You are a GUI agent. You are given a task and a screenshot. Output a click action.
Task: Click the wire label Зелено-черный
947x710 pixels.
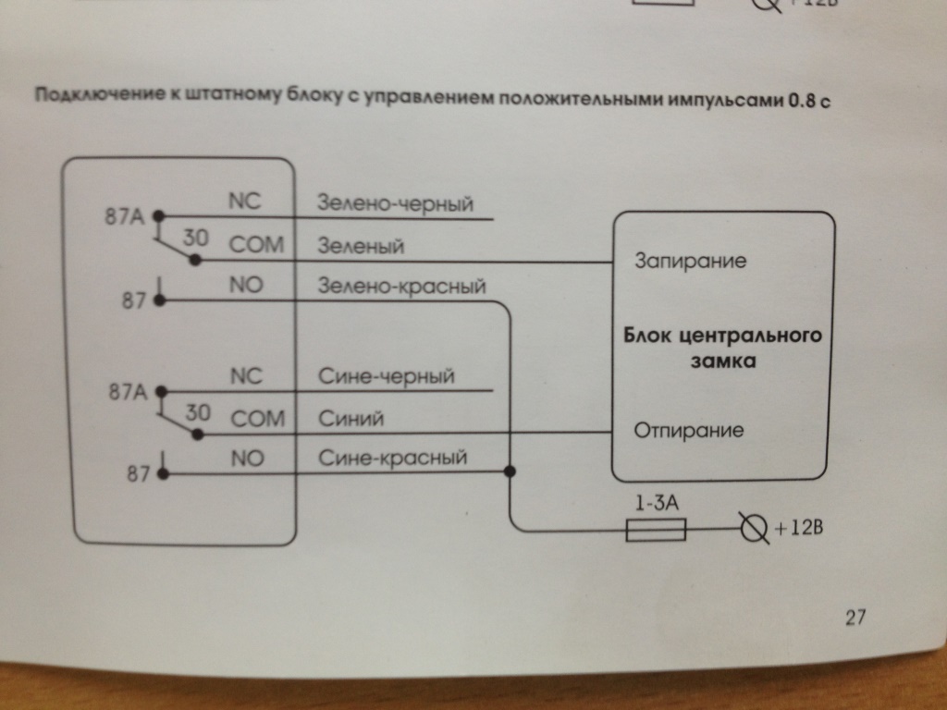[388, 202]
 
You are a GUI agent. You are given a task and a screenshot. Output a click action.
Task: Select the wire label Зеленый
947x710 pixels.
[360, 247]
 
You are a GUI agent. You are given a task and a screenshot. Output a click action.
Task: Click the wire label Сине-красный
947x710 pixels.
[393, 458]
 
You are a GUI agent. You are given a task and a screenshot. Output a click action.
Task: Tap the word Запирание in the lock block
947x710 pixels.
[690, 262]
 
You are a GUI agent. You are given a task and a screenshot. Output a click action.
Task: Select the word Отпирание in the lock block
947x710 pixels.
[688, 431]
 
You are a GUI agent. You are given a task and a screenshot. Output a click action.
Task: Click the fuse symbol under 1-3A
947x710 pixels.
[656, 530]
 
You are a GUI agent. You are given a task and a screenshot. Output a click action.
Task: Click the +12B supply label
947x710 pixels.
[796, 530]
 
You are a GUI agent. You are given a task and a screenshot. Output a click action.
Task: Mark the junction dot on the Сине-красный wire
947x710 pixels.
[509, 471]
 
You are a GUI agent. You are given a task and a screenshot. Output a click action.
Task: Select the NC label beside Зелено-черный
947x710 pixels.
[245, 199]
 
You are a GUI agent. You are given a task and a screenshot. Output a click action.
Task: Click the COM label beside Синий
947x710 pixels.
[257, 419]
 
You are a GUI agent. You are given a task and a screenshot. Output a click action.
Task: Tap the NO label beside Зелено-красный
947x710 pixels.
[247, 287]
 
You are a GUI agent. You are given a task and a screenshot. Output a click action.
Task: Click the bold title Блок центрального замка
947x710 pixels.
[722, 347]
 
